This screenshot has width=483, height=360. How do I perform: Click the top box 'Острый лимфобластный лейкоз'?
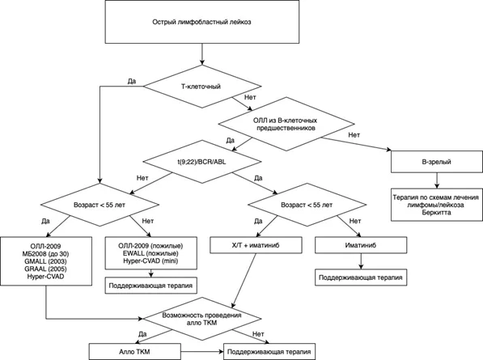(202, 22)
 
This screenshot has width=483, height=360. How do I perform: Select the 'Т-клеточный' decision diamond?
(202, 87)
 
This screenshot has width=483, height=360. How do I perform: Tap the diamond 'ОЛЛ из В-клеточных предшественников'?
(286, 124)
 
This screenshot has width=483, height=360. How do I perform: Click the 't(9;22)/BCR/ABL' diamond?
(202, 162)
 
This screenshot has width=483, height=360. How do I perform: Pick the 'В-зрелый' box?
(437, 162)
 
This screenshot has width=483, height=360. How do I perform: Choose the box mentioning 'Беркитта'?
(437, 205)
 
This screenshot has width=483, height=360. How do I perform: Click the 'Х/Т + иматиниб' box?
(256, 245)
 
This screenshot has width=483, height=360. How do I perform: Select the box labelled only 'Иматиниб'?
(361, 245)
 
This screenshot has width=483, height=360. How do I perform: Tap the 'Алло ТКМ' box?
(134, 351)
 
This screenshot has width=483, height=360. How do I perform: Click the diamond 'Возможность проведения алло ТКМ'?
(202, 319)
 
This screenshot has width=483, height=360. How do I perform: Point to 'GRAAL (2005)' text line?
(45, 269)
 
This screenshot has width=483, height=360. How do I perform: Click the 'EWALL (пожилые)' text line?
(150, 253)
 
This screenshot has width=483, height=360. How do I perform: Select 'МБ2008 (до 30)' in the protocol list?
(45, 254)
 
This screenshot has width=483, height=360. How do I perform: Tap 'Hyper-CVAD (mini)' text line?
(150, 260)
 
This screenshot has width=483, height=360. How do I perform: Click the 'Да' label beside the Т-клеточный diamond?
(132, 81)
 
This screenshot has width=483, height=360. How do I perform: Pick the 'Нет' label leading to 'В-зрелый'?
(354, 135)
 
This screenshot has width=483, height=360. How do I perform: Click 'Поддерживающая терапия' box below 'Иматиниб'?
(361, 277)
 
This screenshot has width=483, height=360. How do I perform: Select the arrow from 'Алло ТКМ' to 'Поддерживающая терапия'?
(202, 351)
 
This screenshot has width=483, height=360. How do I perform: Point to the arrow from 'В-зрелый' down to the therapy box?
(437, 180)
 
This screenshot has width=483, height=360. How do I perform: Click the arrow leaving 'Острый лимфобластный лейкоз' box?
(202, 54)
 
